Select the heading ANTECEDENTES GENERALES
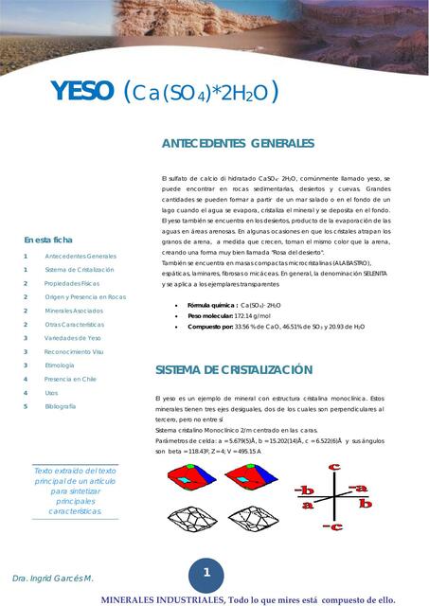pos(238,143)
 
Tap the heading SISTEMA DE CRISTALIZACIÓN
pos(234,369)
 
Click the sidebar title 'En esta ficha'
pos(48,241)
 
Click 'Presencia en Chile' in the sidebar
pos(70,379)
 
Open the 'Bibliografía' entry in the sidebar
pos(60,406)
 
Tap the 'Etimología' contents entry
pos(60,365)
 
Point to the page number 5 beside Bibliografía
pos(27,406)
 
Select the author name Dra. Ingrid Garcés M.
pos(53,578)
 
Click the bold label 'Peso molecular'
pos(210,315)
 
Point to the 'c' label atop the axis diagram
pos(334,467)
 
